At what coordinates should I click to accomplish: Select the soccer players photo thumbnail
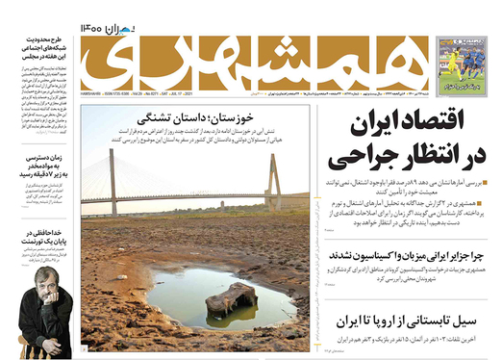point(461,63)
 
